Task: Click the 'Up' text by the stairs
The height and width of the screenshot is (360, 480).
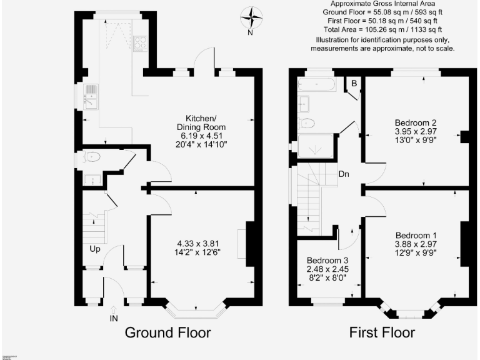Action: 94,249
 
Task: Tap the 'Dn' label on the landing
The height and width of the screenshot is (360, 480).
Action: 344,174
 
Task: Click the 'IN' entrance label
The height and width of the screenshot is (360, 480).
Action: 114,318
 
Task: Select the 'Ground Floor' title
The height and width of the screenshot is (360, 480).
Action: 167,332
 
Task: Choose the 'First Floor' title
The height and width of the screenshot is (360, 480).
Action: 381,332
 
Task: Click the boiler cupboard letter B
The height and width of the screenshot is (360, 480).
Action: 353,83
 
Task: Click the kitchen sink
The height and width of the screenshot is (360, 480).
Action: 91,97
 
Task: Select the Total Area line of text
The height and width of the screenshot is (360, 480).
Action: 382,29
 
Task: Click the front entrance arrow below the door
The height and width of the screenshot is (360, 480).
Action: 114,308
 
